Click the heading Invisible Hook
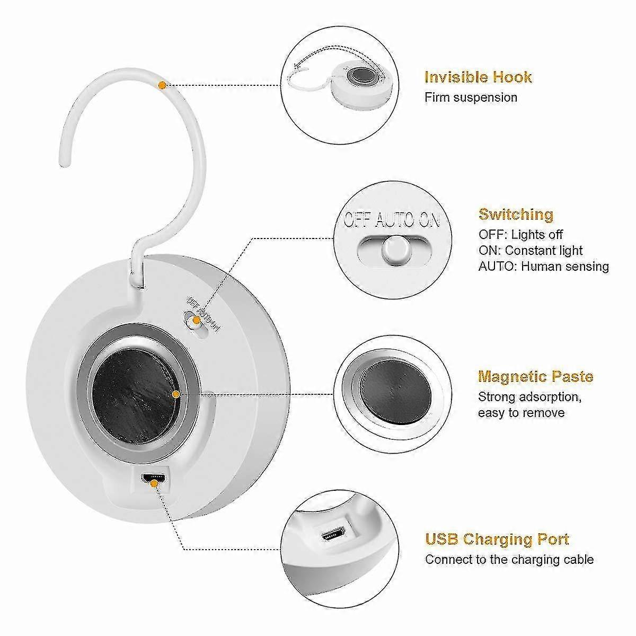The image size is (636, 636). (x=478, y=77)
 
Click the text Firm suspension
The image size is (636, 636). (x=471, y=98)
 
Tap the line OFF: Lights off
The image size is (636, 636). (x=520, y=234)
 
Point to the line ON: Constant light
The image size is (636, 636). (x=530, y=250)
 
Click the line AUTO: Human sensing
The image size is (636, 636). (x=543, y=266)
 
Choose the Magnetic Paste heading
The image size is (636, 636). (x=535, y=377)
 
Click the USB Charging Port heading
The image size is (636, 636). (x=497, y=540)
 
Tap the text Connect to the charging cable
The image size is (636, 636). (x=509, y=560)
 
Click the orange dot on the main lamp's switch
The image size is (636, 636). (x=196, y=320)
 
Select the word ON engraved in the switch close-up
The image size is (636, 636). (x=429, y=219)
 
